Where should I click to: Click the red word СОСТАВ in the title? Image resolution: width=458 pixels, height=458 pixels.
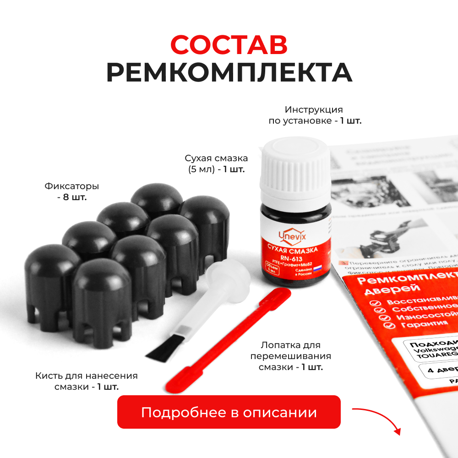(229, 45)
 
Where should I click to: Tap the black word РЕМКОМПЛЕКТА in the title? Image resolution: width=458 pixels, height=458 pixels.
(229, 72)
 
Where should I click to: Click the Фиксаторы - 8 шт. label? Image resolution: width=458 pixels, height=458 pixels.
(72, 192)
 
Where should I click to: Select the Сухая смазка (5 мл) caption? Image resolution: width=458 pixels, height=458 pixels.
(216, 164)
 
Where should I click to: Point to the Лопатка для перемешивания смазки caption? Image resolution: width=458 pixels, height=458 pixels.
(290, 356)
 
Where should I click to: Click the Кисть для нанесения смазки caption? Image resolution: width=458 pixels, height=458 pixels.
(86, 381)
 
